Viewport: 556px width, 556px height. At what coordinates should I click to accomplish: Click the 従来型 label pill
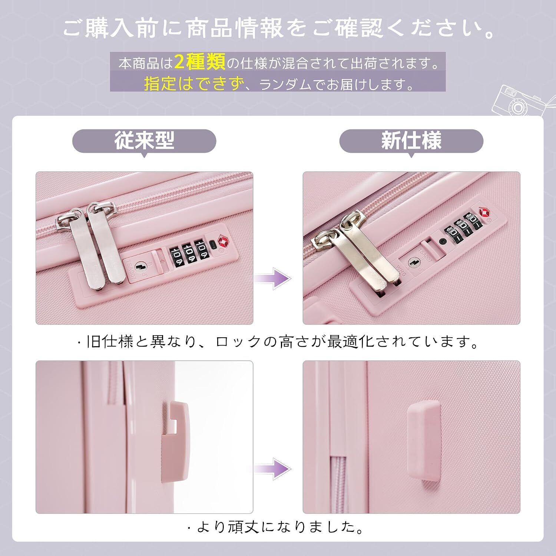coord(144,141)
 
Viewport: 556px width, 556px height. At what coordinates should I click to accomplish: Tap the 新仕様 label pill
coord(411,141)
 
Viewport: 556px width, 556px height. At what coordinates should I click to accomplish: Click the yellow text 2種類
coord(199,63)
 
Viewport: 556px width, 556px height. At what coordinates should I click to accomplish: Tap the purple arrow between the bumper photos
coord(272,469)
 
